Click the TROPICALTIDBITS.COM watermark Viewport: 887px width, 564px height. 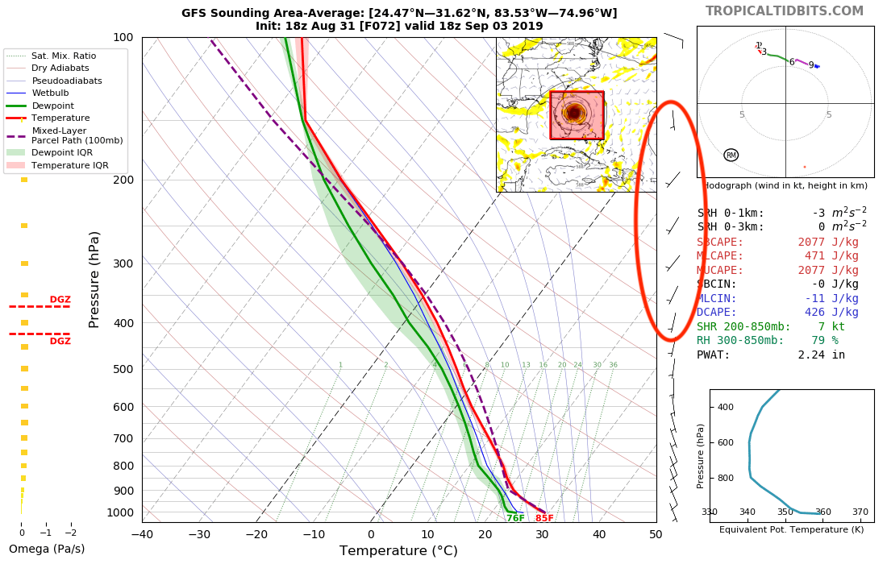(x=785, y=11)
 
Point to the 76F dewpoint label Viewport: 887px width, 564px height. (x=515, y=518)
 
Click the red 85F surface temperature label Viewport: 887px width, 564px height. (x=544, y=518)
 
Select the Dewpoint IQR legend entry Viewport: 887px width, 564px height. (x=61, y=152)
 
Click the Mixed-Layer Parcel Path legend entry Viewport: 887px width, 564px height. (x=77, y=135)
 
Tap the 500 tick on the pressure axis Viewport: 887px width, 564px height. (x=123, y=369)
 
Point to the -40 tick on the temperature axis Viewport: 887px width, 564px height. (x=142, y=533)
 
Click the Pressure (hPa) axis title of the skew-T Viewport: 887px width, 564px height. (x=94, y=279)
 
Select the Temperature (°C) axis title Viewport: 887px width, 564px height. (x=398, y=551)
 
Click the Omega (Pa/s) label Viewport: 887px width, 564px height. (x=47, y=549)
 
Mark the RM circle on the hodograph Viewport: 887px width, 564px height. (x=731, y=155)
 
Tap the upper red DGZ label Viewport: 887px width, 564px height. (x=60, y=300)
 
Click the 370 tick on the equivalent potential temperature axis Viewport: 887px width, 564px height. (x=860, y=512)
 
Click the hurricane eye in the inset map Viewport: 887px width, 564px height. (x=574, y=113)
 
